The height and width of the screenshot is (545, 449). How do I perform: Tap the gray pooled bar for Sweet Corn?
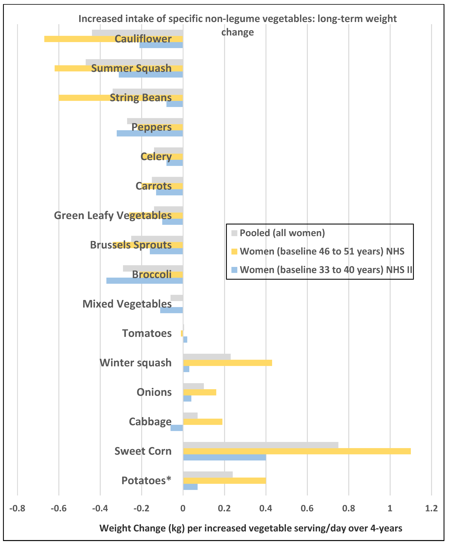[x=260, y=445]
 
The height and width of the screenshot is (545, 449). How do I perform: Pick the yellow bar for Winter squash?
[x=228, y=363]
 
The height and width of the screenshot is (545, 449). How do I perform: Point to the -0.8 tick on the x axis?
[x=17, y=509]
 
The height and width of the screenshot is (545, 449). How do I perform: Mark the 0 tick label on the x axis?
[x=183, y=509]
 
